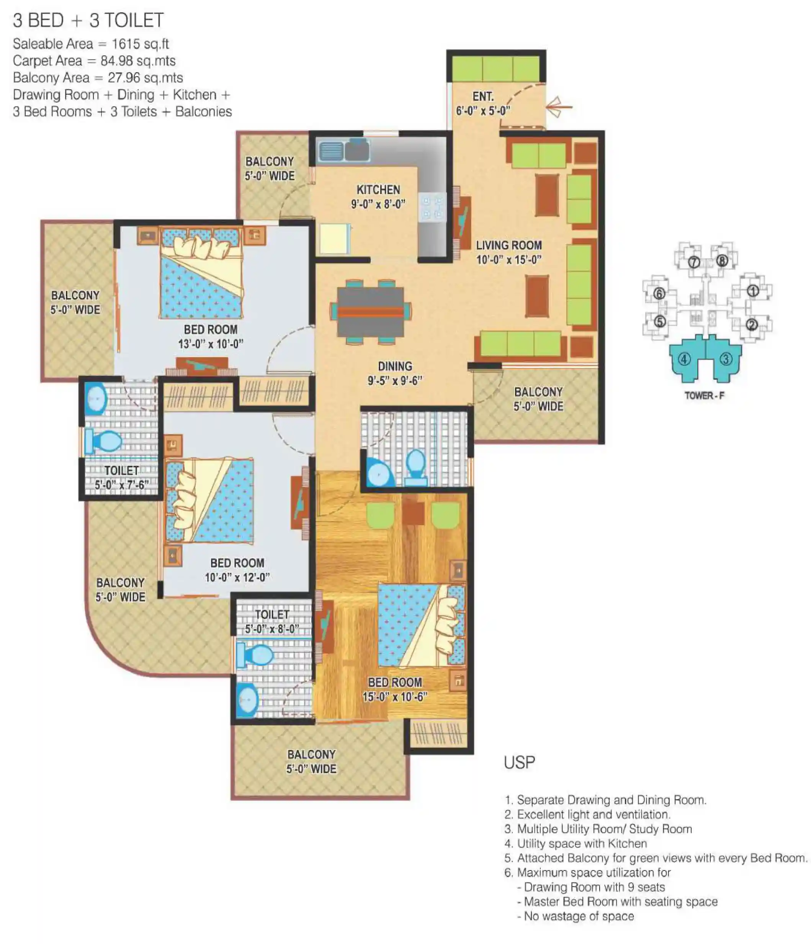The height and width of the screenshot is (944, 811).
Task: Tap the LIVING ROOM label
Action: [509, 245]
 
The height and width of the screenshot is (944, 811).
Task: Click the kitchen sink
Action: [343, 151]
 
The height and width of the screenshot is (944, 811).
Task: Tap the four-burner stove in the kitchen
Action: [432, 207]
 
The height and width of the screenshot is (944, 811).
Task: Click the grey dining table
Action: [370, 312]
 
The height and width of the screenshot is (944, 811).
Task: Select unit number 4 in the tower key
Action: [683, 359]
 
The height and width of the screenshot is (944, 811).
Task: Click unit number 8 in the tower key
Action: [721, 260]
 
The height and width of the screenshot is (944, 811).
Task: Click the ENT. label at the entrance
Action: [482, 97]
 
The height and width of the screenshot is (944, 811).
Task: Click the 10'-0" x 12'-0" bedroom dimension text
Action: [237, 577]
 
